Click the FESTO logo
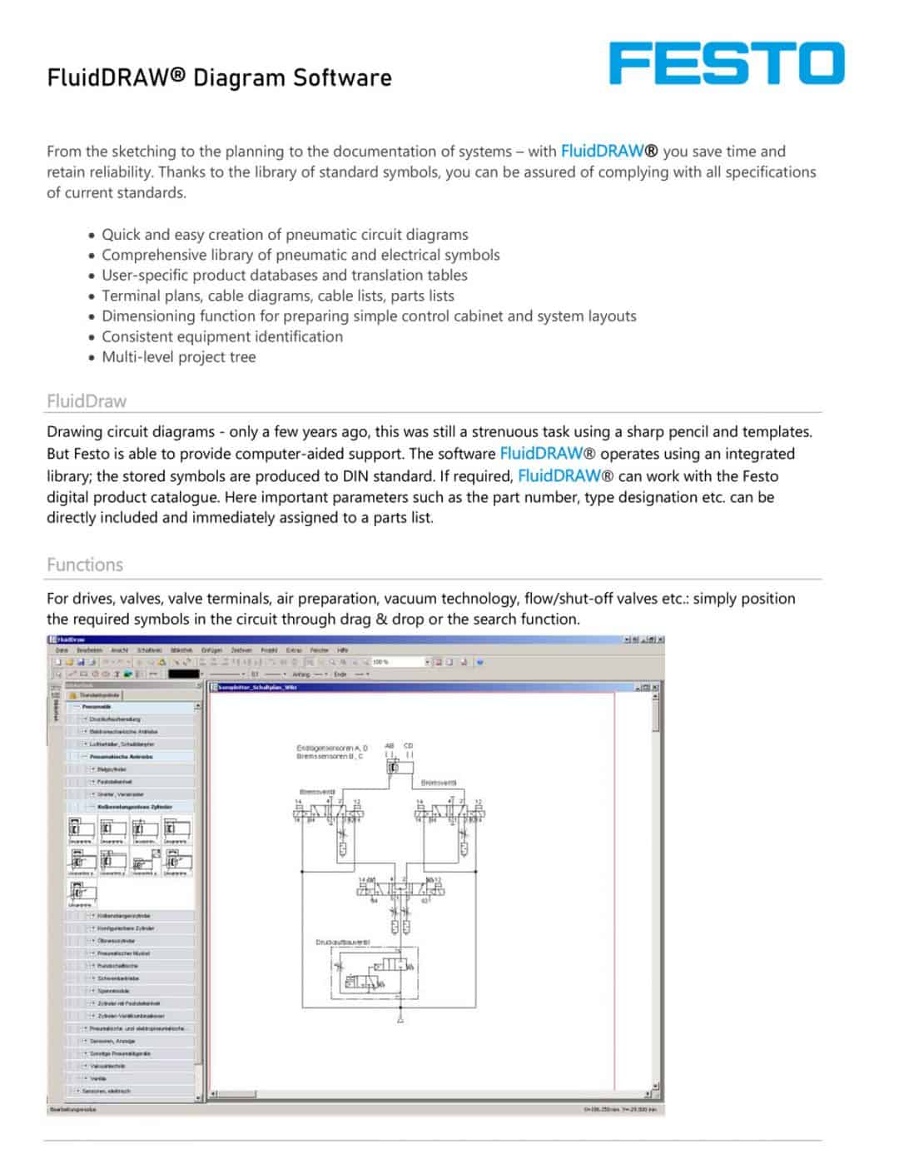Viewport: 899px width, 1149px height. point(726,64)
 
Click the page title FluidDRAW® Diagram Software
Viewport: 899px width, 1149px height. point(219,78)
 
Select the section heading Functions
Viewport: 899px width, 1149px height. point(85,565)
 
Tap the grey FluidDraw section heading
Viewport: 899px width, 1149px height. point(87,400)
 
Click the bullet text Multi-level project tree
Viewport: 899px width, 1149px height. point(178,357)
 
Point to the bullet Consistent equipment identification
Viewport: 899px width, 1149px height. point(221,336)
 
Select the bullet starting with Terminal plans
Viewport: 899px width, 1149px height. point(277,296)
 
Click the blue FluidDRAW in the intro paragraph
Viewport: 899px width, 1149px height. point(603,151)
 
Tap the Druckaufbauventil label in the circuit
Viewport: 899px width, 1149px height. point(342,942)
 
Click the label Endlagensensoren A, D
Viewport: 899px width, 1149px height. point(331,748)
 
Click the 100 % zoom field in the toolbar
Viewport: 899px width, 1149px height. point(398,662)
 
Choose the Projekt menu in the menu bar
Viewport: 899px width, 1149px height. point(269,650)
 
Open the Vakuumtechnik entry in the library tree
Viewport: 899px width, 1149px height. point(107,1066)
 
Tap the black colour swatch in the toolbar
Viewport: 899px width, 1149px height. point(184,674)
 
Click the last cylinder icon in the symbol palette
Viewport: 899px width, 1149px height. point(81,893)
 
